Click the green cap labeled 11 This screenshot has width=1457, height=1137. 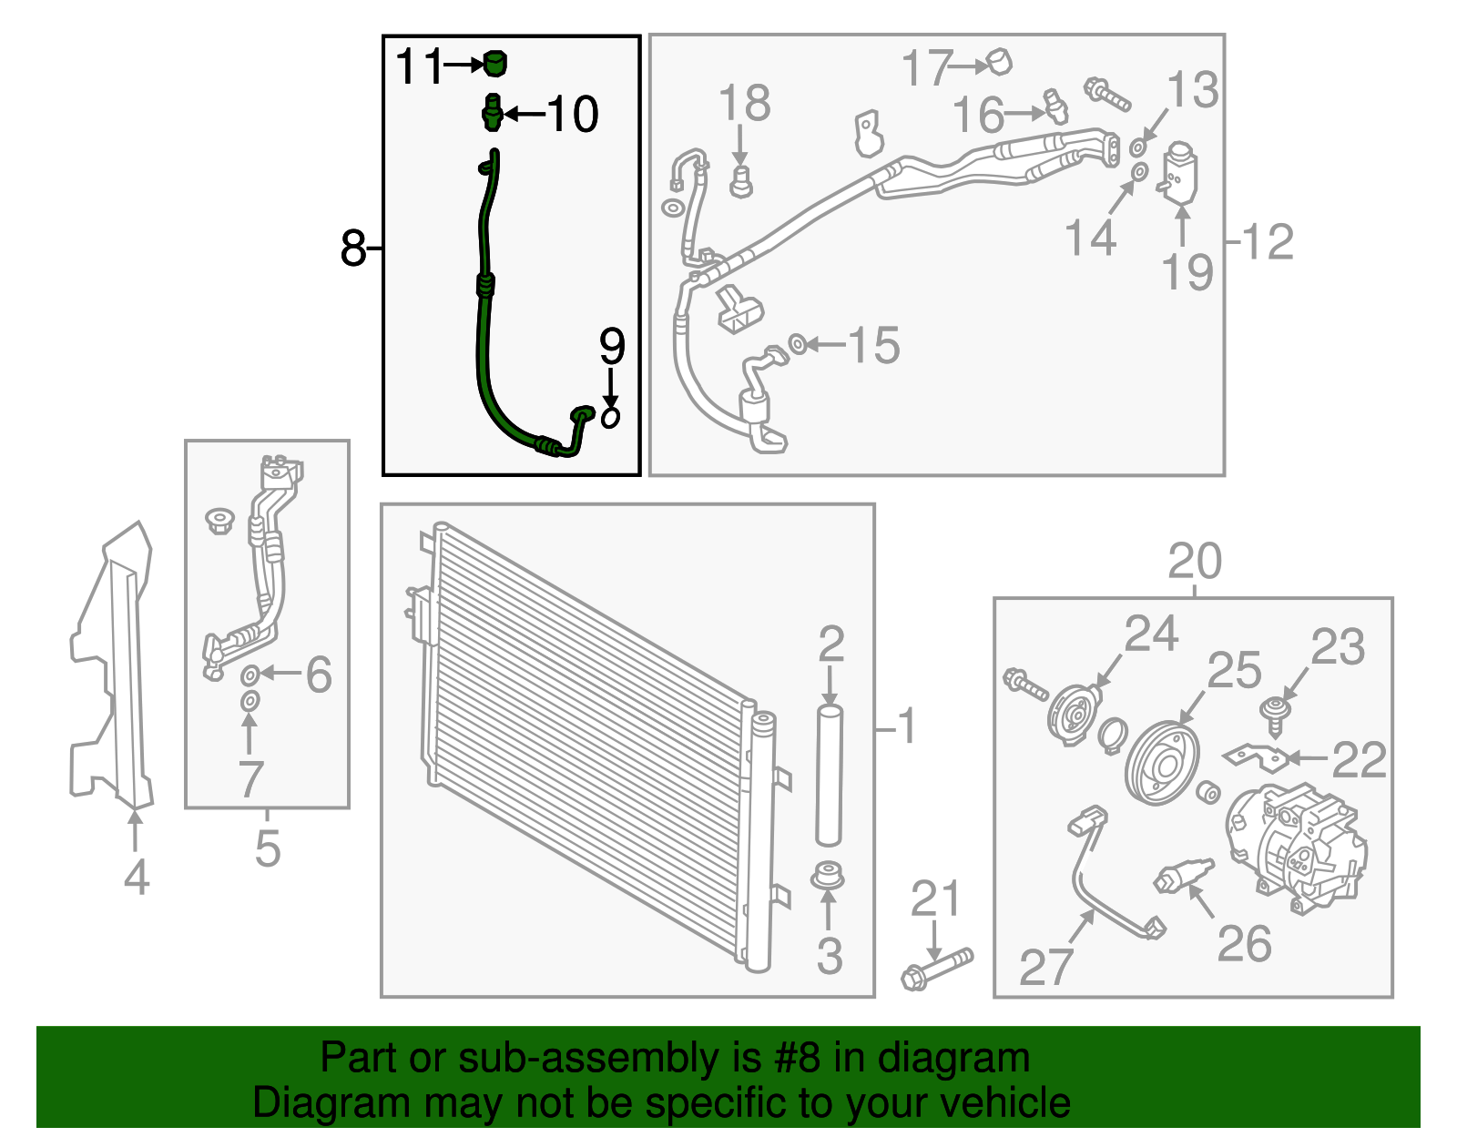[x=494, y=64]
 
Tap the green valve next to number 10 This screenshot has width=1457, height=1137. [x=492, y=113]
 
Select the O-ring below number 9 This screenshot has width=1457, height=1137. [x=611, y=417]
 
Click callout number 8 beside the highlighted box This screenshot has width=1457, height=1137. [x=352, y=247]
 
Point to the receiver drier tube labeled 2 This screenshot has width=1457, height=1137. [x=829, y=774]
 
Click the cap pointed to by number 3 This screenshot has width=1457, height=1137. [x=827, y=876]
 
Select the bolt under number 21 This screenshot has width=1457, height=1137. [x=936, y=968]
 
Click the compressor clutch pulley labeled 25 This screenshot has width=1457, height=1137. [x=1162, y=763]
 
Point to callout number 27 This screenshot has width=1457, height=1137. [x=1045, y=967]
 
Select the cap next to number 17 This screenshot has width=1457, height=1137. [x=1000, y=62]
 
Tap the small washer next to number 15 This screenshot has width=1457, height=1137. [x=796, y=344]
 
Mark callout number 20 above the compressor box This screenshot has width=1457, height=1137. [x=1194, y=562]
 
